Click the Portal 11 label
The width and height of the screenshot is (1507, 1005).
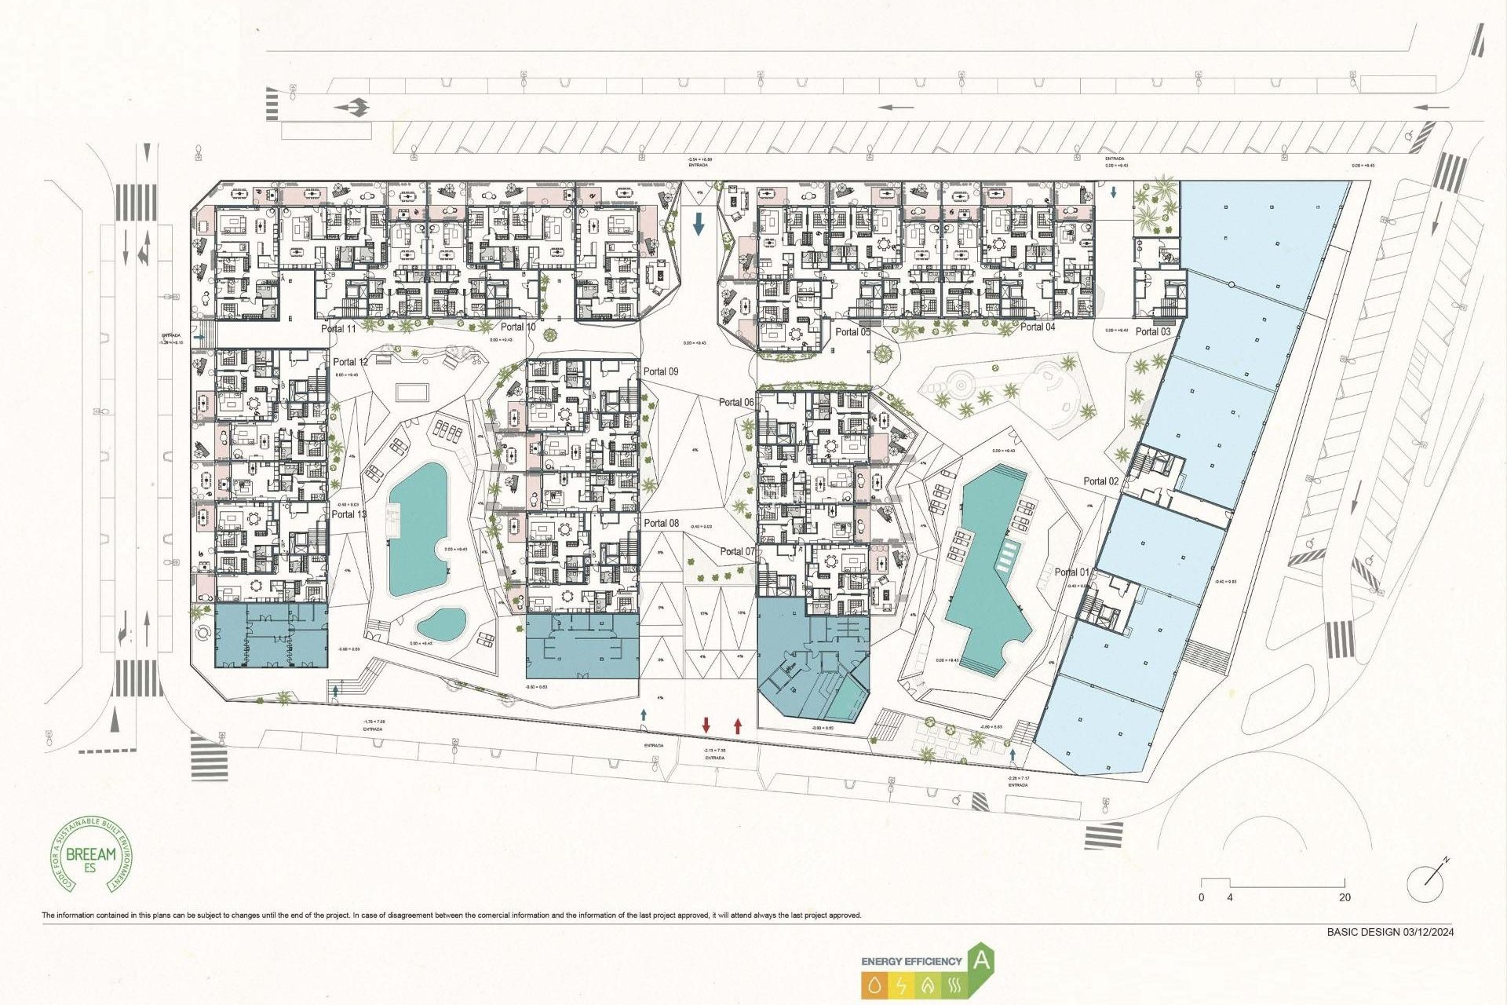click(x=338, y=328)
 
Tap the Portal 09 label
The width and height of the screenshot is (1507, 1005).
click(x=661, y=371)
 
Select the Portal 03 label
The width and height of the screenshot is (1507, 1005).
click(x=1153, y=331)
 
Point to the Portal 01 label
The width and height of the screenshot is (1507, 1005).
click(x=1071, y=572)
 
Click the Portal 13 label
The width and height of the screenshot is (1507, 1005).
click(x=348, y=514)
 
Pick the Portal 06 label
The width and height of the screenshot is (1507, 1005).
click(x=736, y=402)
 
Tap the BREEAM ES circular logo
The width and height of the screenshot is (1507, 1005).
click(x=92, y=854)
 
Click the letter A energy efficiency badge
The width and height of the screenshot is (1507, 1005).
click(x=982, y=961)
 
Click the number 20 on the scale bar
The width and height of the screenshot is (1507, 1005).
click(x=1345, y=897)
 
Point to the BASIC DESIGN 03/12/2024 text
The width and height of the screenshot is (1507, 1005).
click(x=1390, y=932)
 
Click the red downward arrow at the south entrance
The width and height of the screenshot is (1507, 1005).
click(x=706, y=725)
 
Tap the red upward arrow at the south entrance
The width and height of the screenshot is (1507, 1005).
click(x=738, y=725)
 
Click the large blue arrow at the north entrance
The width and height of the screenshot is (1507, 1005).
click(x=699, y=225)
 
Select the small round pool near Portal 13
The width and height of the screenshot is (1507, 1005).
click(x=441, y=624)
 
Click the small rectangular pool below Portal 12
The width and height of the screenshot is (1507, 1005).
click(x=412, y=391)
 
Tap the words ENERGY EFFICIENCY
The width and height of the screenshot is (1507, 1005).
click(x=911, y=961)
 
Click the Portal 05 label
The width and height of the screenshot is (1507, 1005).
click(x=852, y=332)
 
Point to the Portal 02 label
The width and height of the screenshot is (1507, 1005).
click(x=1100, y=481)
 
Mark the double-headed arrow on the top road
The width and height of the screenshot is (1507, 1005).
click(x=352, y=108)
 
